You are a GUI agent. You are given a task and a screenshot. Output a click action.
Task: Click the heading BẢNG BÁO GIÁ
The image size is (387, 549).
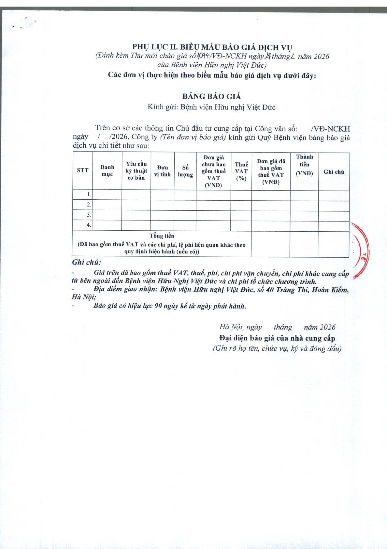click(211, 96)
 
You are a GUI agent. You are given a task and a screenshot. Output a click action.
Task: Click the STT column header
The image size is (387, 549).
click(82, 171)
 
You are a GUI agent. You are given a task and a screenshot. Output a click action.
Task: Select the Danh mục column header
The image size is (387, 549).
click(107, 171)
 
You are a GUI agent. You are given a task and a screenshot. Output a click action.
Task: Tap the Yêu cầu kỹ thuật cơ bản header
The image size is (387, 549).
click(136, 171)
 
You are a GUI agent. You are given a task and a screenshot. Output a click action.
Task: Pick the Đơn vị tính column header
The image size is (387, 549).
click(162, 171)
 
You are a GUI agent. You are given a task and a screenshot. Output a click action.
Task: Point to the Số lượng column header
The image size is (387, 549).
click(185, 171)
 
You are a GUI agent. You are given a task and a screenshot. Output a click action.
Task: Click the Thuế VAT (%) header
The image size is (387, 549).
click(241, 171)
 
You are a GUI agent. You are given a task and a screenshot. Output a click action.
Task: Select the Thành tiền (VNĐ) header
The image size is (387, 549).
click(304, 165)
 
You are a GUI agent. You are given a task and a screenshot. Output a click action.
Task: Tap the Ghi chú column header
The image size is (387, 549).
click(334, 172)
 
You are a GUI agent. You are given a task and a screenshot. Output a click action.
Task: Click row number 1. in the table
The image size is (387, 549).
click(89, 194)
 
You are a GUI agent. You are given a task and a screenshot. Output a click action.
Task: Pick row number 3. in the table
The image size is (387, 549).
click(89, 215)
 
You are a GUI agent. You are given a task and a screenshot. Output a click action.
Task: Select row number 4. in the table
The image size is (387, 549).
click(89, 225)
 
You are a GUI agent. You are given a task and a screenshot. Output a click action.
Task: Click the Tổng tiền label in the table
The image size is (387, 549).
click(162, 236)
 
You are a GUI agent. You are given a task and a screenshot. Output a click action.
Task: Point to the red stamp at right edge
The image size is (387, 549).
click(361, 250)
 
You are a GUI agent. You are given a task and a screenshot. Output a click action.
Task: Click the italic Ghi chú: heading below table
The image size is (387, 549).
click(87, 262)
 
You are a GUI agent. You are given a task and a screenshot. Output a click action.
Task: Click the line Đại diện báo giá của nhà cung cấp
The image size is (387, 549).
click(277, 338)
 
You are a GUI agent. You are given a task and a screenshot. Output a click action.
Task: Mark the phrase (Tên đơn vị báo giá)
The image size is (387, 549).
click(193, 137)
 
